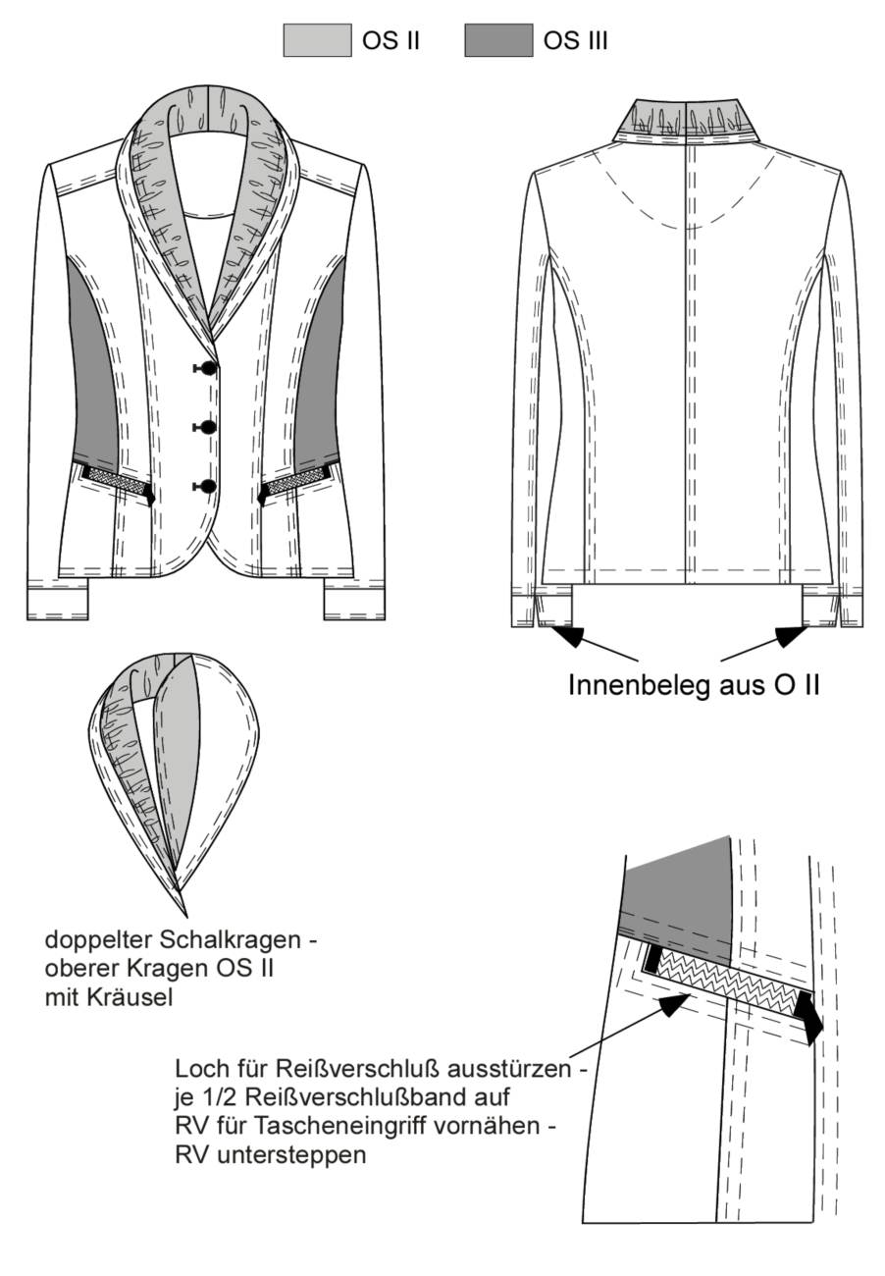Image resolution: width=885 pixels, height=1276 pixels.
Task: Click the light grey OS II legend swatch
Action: click(x=317, y=40)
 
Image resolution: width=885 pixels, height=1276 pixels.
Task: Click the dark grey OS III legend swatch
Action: click(x=498, y=40)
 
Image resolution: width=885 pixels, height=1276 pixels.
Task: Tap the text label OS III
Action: click(x=575, y=41)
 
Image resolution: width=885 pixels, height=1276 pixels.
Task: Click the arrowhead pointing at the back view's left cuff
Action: click(x=570, y=635)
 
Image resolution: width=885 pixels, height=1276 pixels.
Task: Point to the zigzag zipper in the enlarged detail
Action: click(x=729, y=983)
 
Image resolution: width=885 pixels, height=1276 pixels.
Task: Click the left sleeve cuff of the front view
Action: click(x=58, y=600)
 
